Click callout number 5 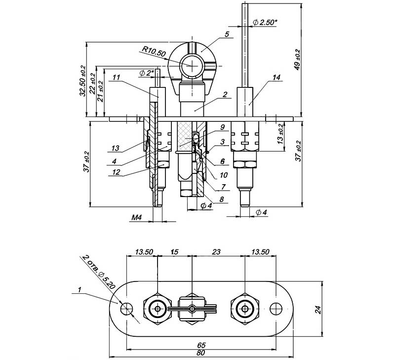coord(227,34)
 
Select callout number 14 coord(276,78)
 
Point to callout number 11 coord(116,77)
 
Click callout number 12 coord(116,172)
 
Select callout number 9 coord(222,127)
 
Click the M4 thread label coord(137,217)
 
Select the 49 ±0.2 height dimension coord(297,59)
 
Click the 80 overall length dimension coord(201,353)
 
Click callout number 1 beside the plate coord(79,291)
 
